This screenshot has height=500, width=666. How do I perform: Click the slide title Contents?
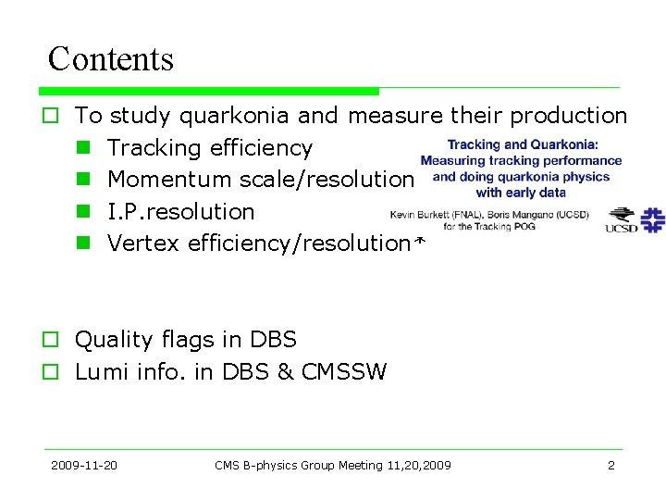click(110, 59)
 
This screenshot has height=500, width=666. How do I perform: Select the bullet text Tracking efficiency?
click(210, 148)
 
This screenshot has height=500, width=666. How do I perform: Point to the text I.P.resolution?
click(180, 211)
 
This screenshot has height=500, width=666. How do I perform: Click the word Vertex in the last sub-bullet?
click(143, 244)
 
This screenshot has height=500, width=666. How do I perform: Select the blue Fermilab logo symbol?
click(653, 219)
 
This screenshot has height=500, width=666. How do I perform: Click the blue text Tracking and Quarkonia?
click(523, 144)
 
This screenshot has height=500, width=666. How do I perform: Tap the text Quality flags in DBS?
click(185, 340)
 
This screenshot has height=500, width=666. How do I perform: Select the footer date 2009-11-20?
click(84, 465)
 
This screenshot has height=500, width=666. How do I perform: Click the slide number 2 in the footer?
click(610, 465)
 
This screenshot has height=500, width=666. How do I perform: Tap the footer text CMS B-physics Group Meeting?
click(292, 465)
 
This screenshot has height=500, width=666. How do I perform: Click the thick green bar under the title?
click(209, 92)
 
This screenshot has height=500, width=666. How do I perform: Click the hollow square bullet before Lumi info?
click(53, 373)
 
